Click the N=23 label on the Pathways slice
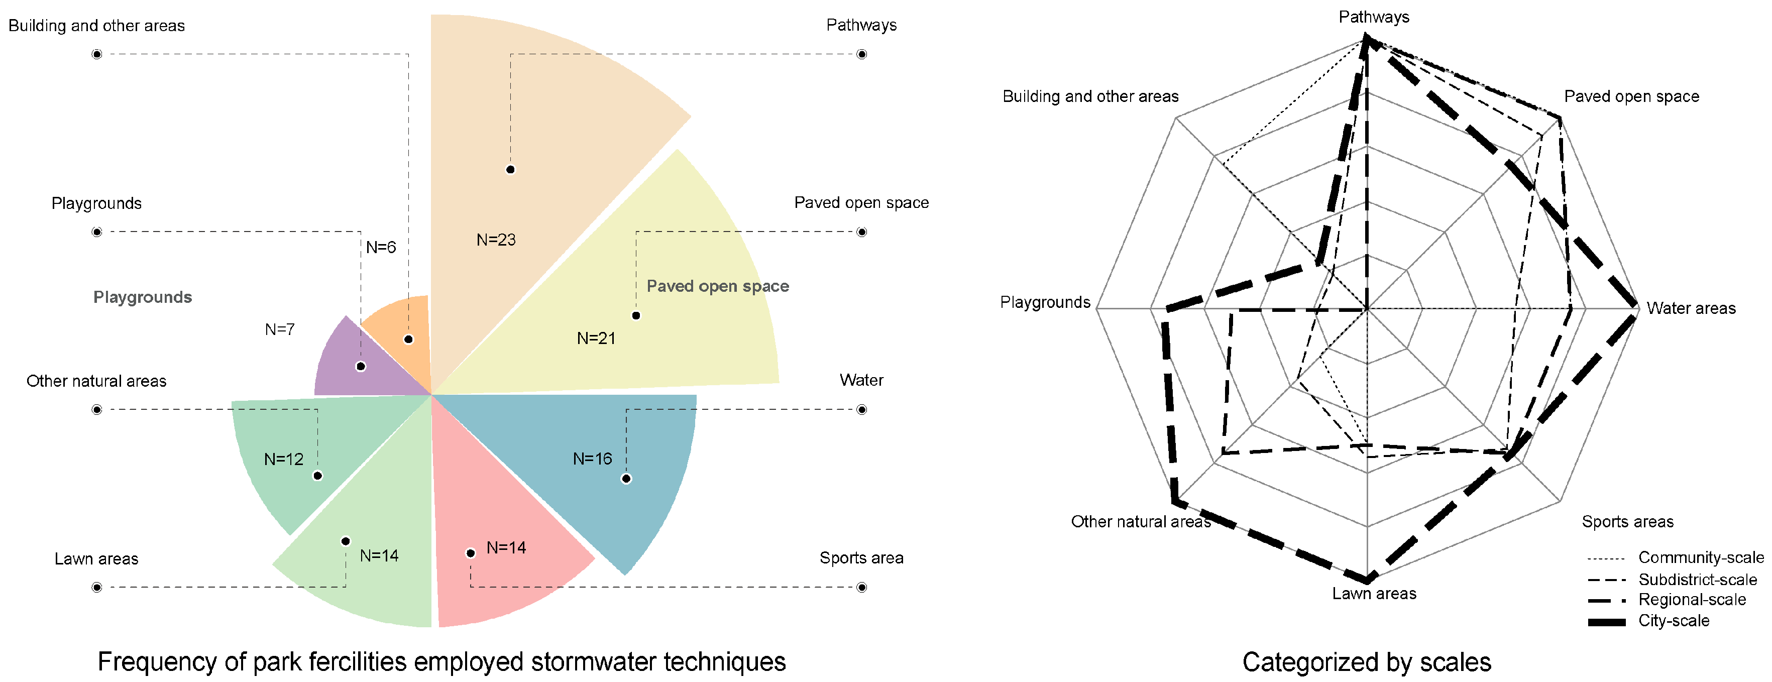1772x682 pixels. click(496, 240)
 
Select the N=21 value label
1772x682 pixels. click(596, 338)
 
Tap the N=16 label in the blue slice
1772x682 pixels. click(592, 459)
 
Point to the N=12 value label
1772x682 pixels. click(283, 459)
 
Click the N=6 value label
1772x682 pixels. click(380, 248)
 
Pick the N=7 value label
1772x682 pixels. click(280, 329)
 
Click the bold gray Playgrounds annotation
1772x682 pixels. click(143, 297)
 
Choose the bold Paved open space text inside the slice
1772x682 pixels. click(717, 286)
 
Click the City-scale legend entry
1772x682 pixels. click(1673, 621)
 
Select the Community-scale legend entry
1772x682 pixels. click(1701, 557)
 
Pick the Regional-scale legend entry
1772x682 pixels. click(1692, 600)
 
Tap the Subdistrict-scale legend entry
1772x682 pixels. click(1697, 580)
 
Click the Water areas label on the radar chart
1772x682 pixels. click(1691, 308)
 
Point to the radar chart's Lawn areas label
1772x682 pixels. click(1374, 593)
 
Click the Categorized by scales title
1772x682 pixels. click(1366, 662)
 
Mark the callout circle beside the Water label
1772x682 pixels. click(861, 410)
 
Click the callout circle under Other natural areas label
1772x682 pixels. click(97, 410)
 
